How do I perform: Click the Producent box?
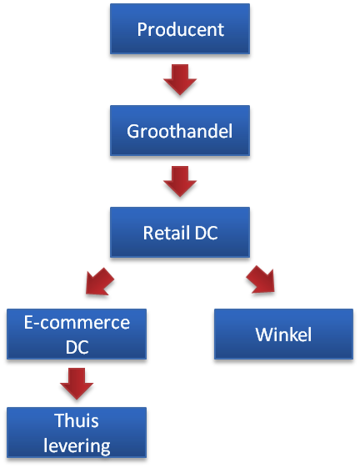coord(180,28)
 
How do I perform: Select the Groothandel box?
coord(180,130)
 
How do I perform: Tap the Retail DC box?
coord(180,232)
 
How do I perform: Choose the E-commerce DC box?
coord(77,334)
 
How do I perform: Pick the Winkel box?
coord(283,334)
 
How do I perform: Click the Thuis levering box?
coord(77,432)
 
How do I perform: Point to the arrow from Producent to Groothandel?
coord(180,80)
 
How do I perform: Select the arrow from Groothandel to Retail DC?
coord(180,182)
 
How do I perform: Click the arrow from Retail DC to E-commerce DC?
coord(99,282)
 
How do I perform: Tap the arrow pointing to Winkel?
coord(261,280)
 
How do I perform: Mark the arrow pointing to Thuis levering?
coord(77,384)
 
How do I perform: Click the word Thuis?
coord(77,420)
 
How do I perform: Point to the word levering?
coord(77,446)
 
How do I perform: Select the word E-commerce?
coord(77,323)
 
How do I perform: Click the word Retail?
coord(167,233)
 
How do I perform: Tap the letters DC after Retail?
coord(206,233)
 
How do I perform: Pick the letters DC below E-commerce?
coord(77,347)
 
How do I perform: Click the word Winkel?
coord(283,335)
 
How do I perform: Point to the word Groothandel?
coord(179,131)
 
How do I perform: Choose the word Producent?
coord(181,29)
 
